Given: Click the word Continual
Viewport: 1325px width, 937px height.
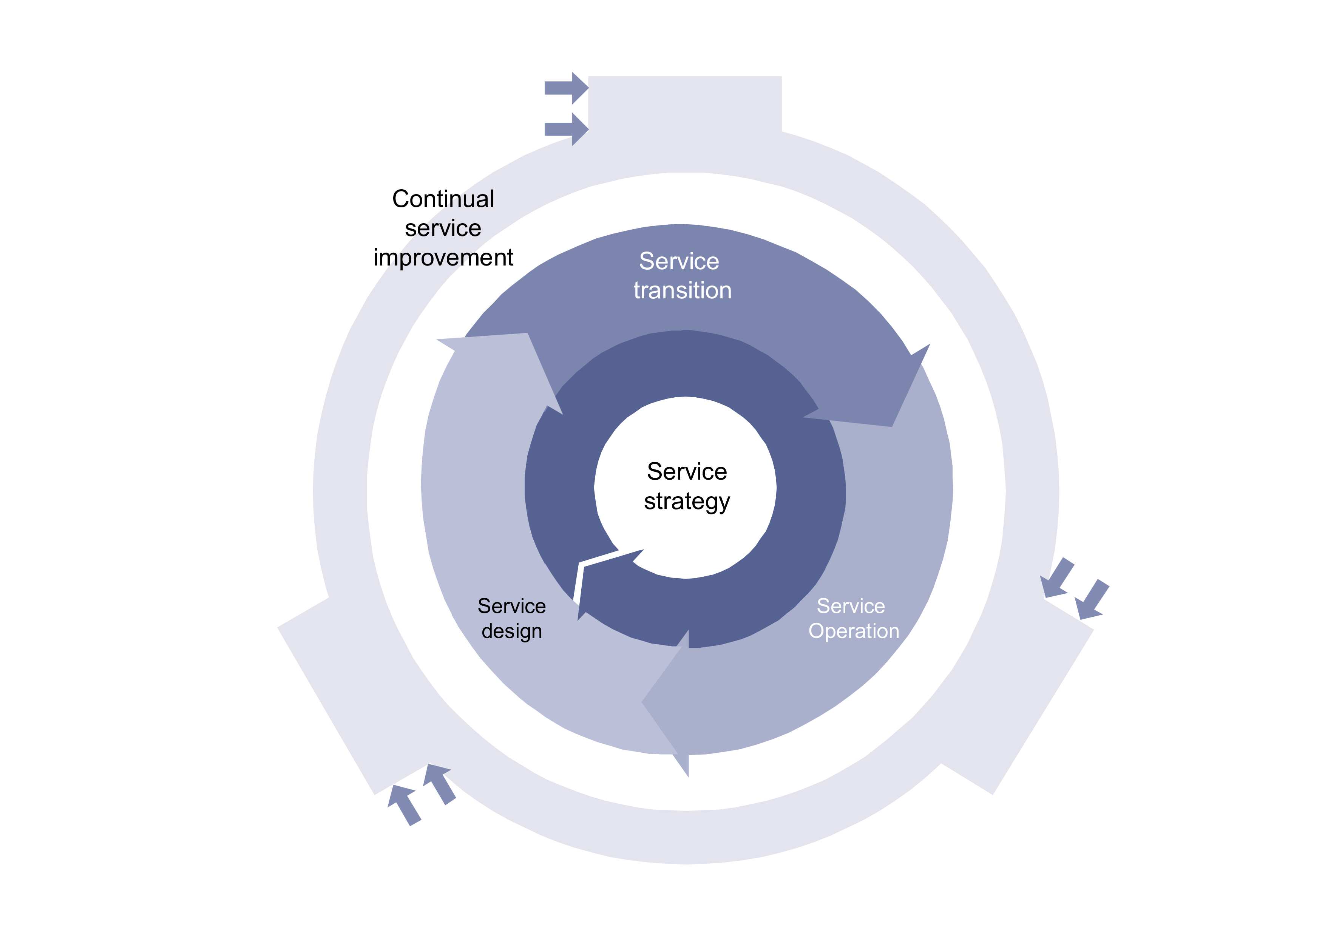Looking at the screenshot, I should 443,199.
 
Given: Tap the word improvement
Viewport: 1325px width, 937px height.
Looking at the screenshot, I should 443,257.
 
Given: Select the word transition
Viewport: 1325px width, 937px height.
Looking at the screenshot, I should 682,290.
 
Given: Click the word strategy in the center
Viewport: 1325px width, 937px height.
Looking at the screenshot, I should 687,502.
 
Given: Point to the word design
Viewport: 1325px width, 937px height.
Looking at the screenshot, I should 511,631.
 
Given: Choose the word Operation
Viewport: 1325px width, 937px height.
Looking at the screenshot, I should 854,631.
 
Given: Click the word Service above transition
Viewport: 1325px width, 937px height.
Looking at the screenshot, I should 679,261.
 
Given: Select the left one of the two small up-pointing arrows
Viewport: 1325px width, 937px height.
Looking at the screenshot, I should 404,804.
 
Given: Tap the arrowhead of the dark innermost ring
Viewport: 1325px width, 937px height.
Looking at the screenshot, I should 600,577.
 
